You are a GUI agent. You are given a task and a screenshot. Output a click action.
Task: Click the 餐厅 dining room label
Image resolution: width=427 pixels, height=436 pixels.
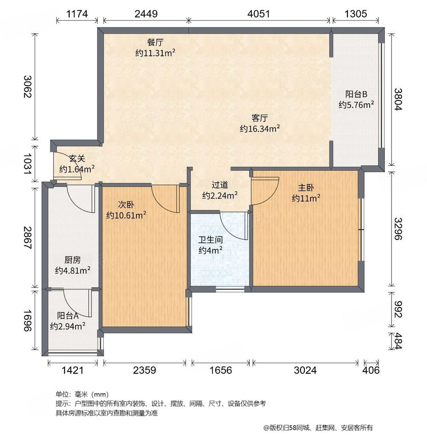pyautogui.click(x=155, y=43)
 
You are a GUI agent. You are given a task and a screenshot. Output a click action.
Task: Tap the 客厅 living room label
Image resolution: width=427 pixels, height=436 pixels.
pyautogui.click(x=259, y=118)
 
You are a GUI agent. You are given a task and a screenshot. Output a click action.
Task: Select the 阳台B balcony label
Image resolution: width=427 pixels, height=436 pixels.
pyautogui.click(x=357, y=94)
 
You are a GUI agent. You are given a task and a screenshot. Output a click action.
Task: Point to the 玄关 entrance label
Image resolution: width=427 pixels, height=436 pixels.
pyautogui.click(x=77, y=159)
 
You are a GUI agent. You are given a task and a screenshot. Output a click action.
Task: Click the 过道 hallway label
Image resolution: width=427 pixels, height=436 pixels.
pyautogui.click(x=220, y=185)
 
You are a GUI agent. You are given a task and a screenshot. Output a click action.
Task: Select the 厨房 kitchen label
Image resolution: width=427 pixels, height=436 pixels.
pyautogui.click(x=73, y=260)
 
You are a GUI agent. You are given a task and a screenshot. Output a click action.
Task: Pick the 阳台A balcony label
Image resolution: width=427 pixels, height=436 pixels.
pyautogui.click(x=67, y=316)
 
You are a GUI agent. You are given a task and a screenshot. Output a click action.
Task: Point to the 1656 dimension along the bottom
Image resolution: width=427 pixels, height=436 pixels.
pyautogui.click(x=221, y=370)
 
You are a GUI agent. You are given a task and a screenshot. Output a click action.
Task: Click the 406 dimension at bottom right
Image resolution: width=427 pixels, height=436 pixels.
pyautogui.click(x=371, y=370)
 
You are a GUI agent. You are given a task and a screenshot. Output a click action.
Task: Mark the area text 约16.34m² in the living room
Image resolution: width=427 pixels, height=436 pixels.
pyautogui.click(x=259, y=128)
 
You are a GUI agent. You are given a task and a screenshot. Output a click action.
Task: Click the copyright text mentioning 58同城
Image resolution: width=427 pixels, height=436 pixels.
pyautogui.click(x=318, y=427)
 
